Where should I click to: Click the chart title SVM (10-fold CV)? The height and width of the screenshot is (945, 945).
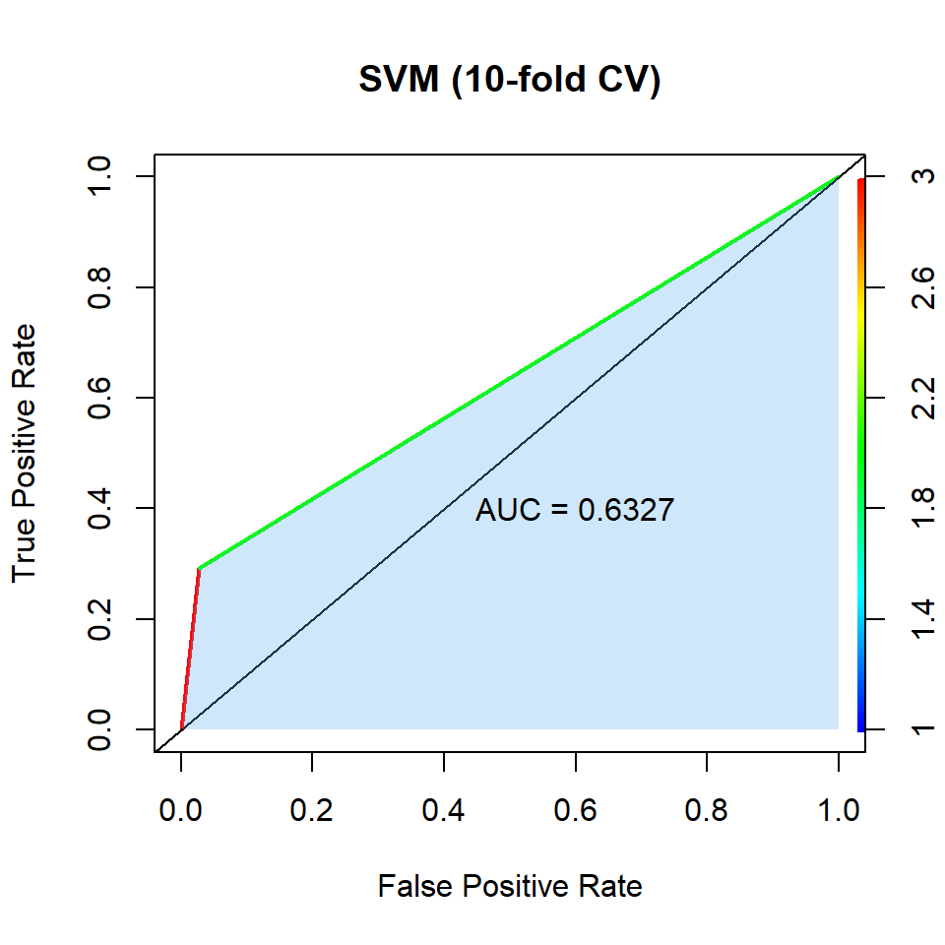coord(509,81)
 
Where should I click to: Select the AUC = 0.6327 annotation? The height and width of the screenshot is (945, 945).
coord(574,510)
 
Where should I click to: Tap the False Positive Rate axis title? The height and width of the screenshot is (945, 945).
coord(509,886)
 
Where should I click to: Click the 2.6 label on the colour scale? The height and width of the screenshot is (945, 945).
coord(922,286)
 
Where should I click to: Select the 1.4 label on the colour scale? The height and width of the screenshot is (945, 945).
coord(922,618)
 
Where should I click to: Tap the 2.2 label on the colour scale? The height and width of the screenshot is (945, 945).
coord(922,398)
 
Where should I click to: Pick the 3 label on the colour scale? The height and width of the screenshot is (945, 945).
coord(922,177)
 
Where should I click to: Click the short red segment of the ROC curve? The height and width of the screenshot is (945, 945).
coord(190,650)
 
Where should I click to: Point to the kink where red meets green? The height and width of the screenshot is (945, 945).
coord(200,569)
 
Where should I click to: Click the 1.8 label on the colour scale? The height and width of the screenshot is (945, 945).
coord(922,508)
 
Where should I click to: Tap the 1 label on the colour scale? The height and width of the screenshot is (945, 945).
coord(922,728)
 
